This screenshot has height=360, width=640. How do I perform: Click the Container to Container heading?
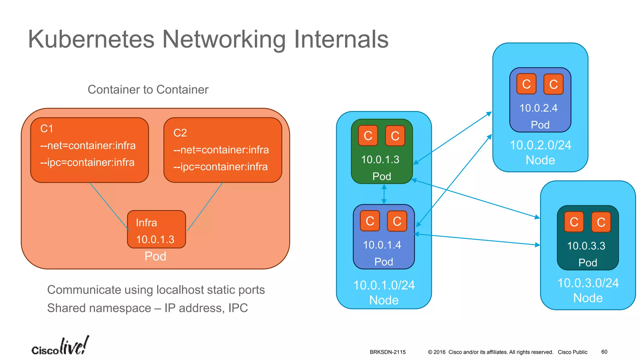point(148,89)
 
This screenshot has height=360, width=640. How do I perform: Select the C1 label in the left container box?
point(47,129)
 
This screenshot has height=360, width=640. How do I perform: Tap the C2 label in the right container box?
point(180,133)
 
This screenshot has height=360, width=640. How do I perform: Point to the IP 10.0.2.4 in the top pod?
point(538,108)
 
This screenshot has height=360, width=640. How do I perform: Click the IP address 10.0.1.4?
point(382,245)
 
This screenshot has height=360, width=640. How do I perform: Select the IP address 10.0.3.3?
point(586,246)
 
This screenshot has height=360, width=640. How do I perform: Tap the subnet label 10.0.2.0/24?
point(540,145)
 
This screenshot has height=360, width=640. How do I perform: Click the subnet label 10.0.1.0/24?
point(384,285)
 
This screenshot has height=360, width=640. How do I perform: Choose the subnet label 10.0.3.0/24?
point(588,283)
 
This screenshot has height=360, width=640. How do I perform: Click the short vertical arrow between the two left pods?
point(384,194)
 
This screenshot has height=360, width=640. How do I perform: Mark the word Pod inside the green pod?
point(382,177)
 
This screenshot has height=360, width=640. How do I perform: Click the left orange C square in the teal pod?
point(574,222)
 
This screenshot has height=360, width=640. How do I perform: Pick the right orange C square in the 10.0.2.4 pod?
point(553,84)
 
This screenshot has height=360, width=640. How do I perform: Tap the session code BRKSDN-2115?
point(387,352)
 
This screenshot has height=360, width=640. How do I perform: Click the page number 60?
point(604,352)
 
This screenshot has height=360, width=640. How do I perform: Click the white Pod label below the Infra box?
point(155,257)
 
